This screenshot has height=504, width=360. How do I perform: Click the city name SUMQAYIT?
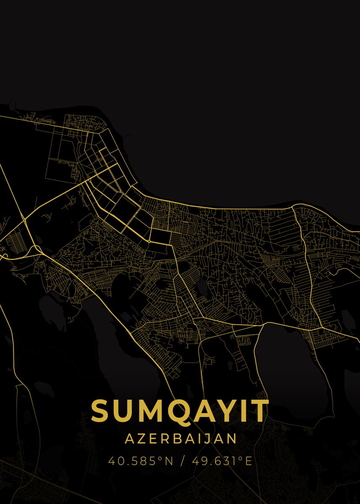180,411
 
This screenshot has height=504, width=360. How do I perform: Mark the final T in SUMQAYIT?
260,411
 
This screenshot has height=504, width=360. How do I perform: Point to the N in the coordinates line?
168,461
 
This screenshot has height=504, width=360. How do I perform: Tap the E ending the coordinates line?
248,461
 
